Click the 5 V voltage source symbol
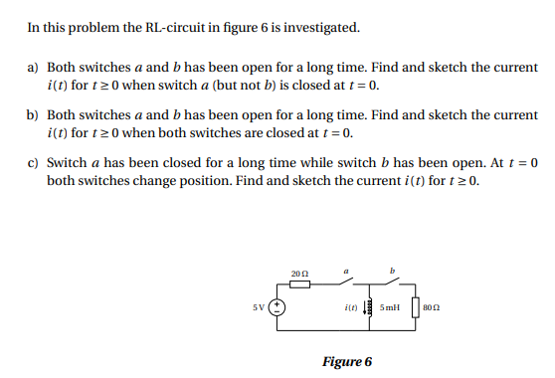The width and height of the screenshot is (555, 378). tap(279, 306)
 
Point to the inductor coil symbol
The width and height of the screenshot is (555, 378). tap(367, 307)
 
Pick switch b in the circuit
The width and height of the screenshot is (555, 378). tap(396, 282)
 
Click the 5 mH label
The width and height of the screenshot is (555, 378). tap(388, 307)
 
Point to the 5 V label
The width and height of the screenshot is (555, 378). tap(260, 306)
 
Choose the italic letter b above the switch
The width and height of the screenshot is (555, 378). tap(395, 268)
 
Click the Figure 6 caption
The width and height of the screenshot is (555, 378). tap(347, 360)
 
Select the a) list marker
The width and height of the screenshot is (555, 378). tap(33, 67)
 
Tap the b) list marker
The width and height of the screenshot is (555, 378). tap(33, 115)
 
